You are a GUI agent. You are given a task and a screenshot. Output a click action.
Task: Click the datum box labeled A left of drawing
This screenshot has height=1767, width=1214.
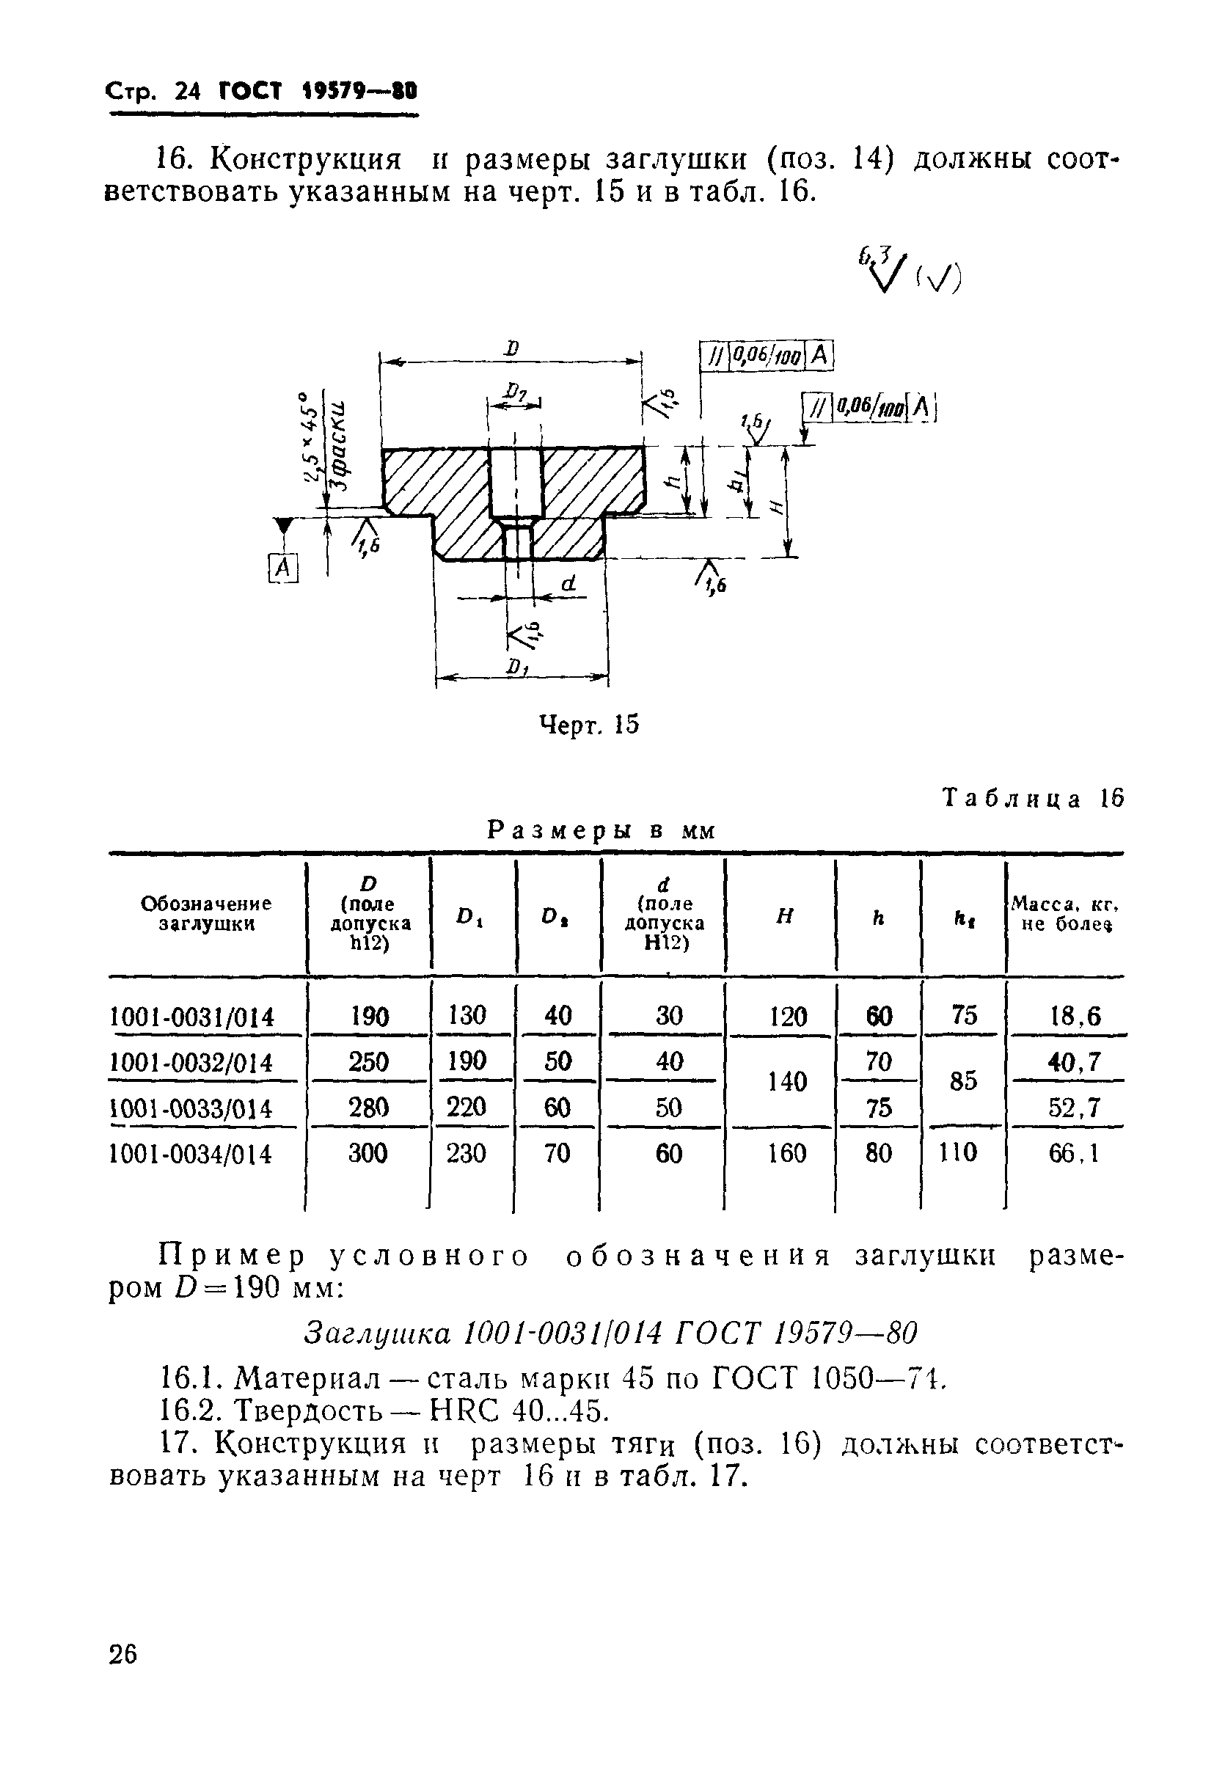[x=283, y=568]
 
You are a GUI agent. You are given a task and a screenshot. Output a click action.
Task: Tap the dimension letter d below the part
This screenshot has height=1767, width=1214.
[x=568, y=584]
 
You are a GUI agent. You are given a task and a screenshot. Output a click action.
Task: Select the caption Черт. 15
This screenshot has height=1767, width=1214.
[x=589, y=725]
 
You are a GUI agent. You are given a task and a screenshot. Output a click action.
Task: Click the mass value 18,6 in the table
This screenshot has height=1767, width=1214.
[x=1074, y=1016]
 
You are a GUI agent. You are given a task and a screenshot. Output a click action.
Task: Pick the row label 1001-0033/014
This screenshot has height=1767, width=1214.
[x=191, y=1108]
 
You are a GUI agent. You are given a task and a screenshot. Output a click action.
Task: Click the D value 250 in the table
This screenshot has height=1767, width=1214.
[x=368, y=1062]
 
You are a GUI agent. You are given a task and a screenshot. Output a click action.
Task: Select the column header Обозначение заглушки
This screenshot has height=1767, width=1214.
[x=205, y=913]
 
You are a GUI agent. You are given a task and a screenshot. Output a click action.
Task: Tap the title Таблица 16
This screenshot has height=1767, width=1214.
[x=1032, y=798]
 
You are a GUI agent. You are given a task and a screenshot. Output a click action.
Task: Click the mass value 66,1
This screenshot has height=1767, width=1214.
[x=1073, y=1154]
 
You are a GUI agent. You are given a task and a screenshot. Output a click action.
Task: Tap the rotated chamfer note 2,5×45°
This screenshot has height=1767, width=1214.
[x=310, y=437]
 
